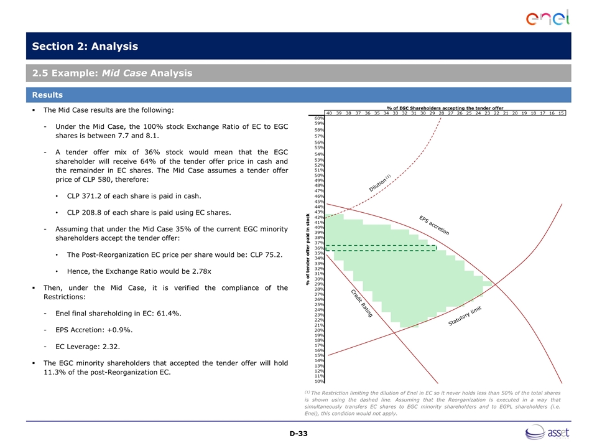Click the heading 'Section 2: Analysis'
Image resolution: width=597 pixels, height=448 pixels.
pyautogui.click(x=85, y=47)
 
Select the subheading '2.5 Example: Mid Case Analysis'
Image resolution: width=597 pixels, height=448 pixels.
pyautogui.click(x=113, y=74)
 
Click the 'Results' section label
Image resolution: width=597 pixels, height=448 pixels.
pyautogui.click(x=49, y=95)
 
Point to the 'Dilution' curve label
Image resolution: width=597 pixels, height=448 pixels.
pyautogui.click(x=379, y=184)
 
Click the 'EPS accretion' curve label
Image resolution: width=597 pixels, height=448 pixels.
pyautogui.click(x=433, y=225)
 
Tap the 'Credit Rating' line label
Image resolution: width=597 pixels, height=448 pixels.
pyautogui.click(x=361, y=304)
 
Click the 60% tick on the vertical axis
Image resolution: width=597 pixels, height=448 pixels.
pyautogui.click(x=318, y=118)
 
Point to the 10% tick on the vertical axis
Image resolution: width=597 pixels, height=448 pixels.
pyautogui.click(x=318, y=381)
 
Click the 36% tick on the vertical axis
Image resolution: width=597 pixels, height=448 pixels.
pyautogui.click(x=318, y=248)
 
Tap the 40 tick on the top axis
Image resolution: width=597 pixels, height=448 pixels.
pyautogui.click(x=329, y=113)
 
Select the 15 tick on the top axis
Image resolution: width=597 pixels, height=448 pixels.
pyautogui.click(x=561, y=113)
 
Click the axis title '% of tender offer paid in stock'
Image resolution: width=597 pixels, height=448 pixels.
pyautogui.click(x=308, y=250)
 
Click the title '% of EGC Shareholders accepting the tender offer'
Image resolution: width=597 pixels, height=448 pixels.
pyautogui.click(x=445, y=108)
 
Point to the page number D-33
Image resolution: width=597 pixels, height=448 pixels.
pyautogui.click(x=298, y=433)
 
